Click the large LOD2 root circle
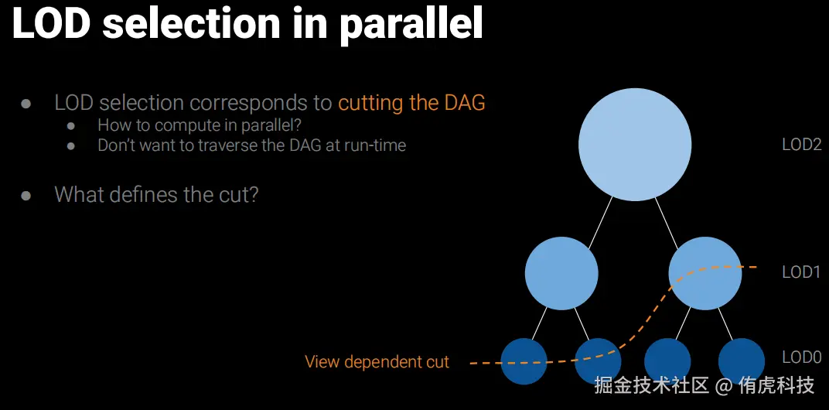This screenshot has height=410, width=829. pyautogui.click(x=635, y=145)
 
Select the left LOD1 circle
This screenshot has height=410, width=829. pyautogui.click(x=561, y=273)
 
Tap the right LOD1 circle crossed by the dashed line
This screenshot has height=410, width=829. pyautogui.click(x=705, y=273)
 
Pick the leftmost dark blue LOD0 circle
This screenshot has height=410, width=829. pyautogui.click(x=524, y=361)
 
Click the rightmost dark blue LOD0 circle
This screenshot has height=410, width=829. pyautogui.click(x=742, y=361)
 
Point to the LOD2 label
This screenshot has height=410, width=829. pyautogui.click(x=801, y=145)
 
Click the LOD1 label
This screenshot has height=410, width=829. pyautogui.click(x=801, y=272)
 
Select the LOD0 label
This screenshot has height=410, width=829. pyautogui.click(x=801, y=357)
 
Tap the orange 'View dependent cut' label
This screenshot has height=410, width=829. pyautogui.click(x=377, y=362)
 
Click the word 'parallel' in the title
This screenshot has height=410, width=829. pyautogui.click(x=411, y=24)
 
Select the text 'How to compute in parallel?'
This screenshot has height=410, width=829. pyautogui.click(x=203, y=126)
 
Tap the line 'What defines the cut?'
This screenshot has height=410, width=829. pyautogui.click(x=156, y=195)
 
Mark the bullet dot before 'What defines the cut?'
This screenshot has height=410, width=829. pyautogui.click(x=26, y=195)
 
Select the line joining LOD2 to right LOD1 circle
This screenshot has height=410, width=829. pyautogui.click(x=667, y=222)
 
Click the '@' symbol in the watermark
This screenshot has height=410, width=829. pyautogui.click(x=725, y=386)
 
